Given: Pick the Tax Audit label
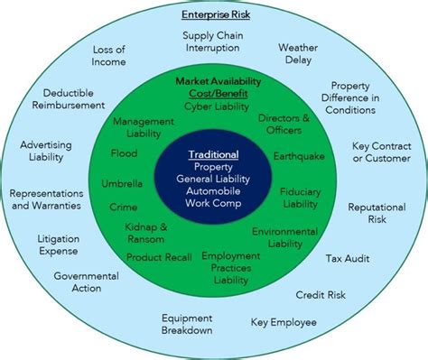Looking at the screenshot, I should (x=347, y=259).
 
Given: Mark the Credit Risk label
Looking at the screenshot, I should (x=320, y=295).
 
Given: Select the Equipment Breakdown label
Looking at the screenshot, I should (x=187, y=324).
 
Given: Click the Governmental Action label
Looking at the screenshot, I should (x=86, y=282).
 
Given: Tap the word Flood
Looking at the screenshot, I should (x=124, y=153).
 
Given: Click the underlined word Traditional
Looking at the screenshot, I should (x=213, y=153).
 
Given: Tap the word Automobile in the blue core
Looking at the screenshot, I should (x=213, y=192).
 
